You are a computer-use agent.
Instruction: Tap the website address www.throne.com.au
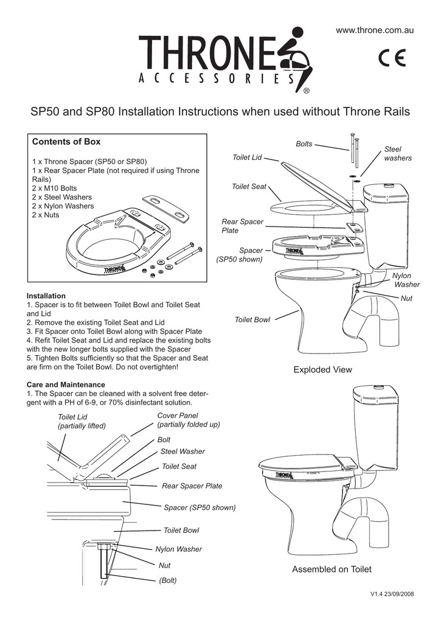(x=380, y=30)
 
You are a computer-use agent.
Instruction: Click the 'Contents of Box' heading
(x=66, y=142)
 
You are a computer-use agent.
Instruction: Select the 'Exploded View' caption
(x=322, y=369)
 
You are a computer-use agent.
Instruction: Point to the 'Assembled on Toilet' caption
(x=332, y=569)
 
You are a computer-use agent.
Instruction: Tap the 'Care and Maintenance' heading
(x=66, y=385)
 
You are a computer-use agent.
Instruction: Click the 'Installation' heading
(x=46, y=296)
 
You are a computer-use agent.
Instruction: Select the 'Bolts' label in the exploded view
(x=304, y=144)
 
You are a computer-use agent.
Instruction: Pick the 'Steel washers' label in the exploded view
(x=398, y=153)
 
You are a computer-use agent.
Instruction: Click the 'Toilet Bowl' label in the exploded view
(x=252, y=320)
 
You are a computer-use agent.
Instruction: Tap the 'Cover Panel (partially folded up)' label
(x=189, y=420)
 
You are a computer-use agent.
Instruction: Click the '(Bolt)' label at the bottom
(x=168, y=580)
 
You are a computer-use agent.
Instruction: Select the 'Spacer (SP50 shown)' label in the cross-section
(x=200, y=507)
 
